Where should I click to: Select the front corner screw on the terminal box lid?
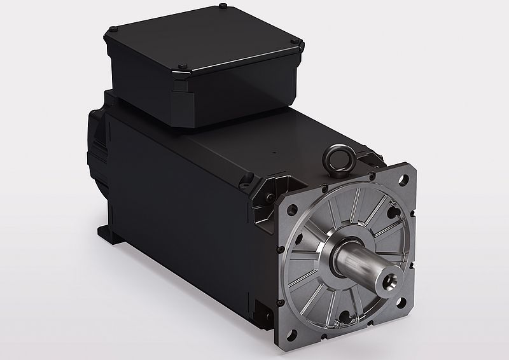(183, 64)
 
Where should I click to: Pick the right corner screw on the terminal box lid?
(294, 40)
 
